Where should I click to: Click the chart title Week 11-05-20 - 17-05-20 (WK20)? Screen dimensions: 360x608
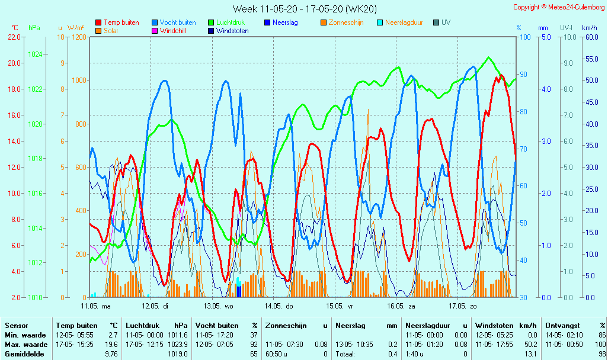click(304, 9)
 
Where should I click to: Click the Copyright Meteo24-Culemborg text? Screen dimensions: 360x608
click(559, 7)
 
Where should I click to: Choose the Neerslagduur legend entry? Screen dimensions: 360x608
click(404, 22)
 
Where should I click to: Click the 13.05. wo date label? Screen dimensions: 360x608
click(219, 306)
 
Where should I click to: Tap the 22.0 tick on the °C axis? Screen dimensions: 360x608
click(14, 37)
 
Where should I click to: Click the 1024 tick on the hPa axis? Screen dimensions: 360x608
click(35, 54)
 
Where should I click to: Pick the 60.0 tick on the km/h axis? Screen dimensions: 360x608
click(589, 37)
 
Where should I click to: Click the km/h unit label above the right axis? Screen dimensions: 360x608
click(589, 28)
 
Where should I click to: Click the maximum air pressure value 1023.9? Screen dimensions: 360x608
click(178, 344)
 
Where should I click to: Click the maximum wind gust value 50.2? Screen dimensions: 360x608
click(529, 344)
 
